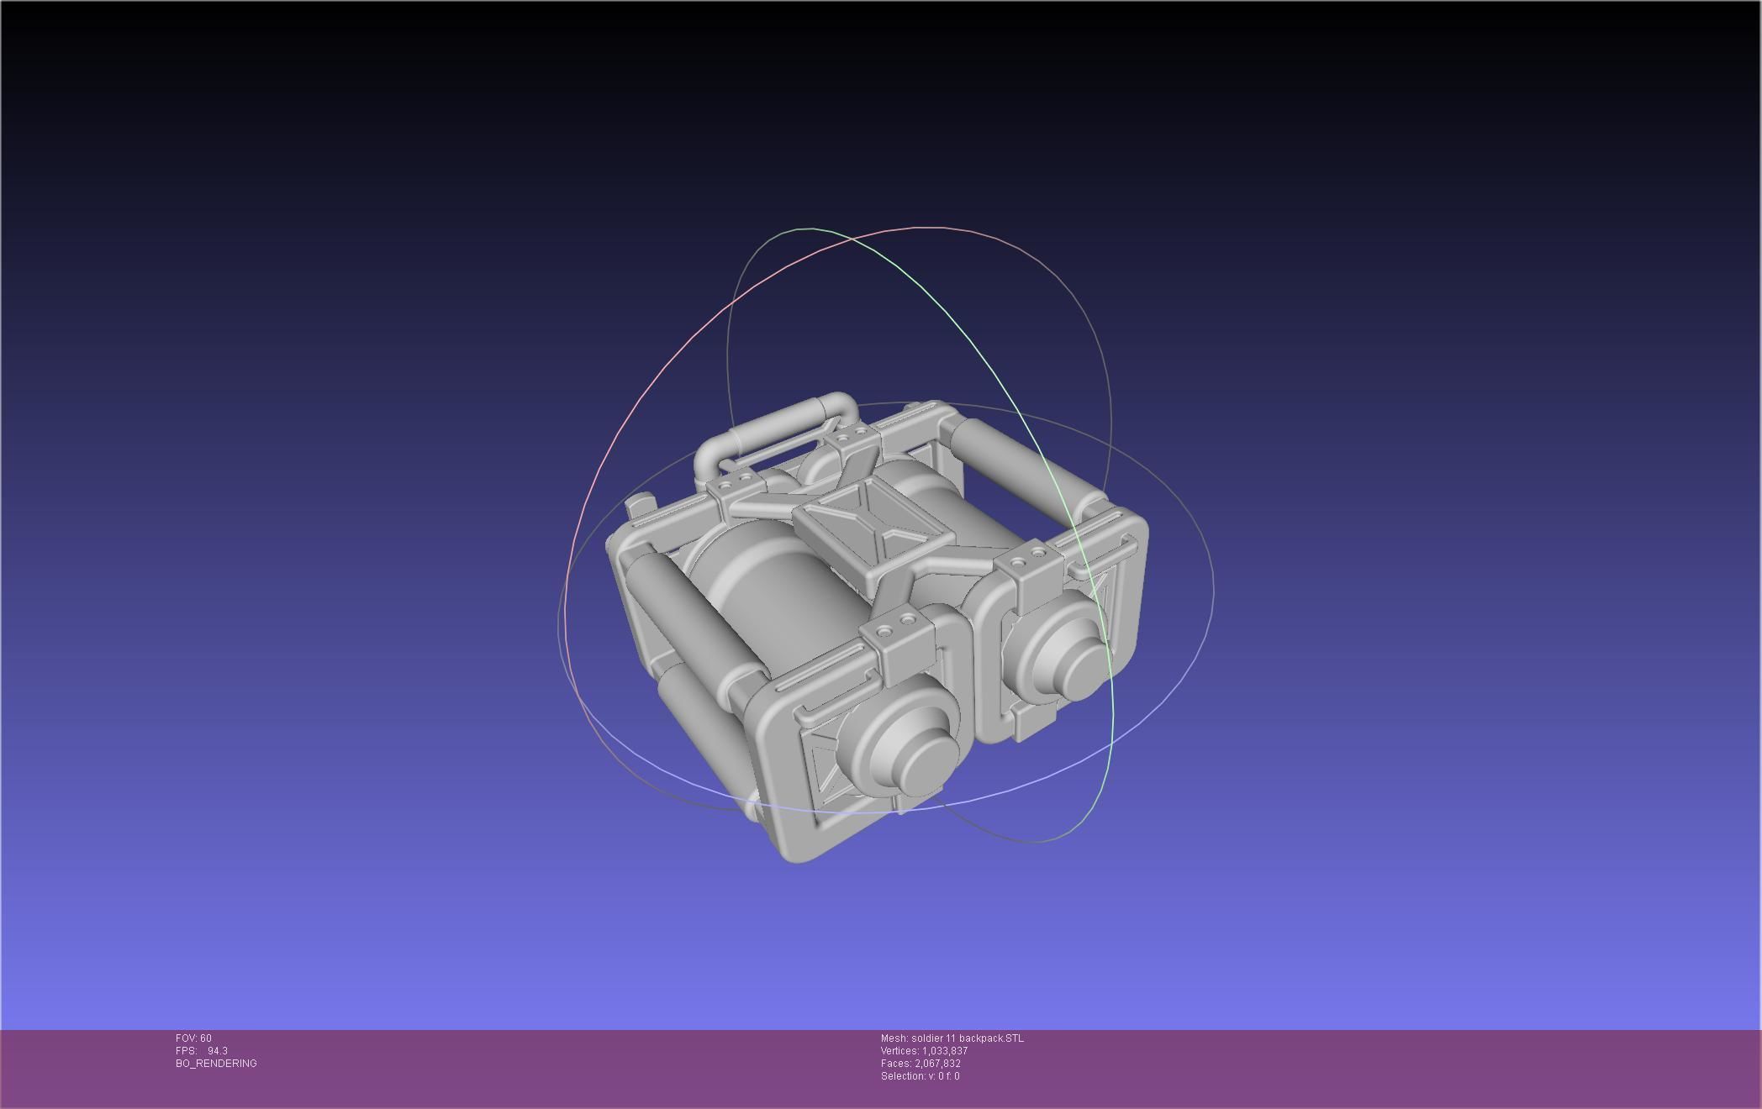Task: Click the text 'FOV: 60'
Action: point(193,1038)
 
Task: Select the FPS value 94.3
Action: point(217,1051)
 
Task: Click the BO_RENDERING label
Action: point(216,1064)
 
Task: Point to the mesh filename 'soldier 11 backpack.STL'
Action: point(967,1038)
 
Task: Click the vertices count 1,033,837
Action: point(944,1051)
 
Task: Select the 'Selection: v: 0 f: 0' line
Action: point(920,1076)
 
